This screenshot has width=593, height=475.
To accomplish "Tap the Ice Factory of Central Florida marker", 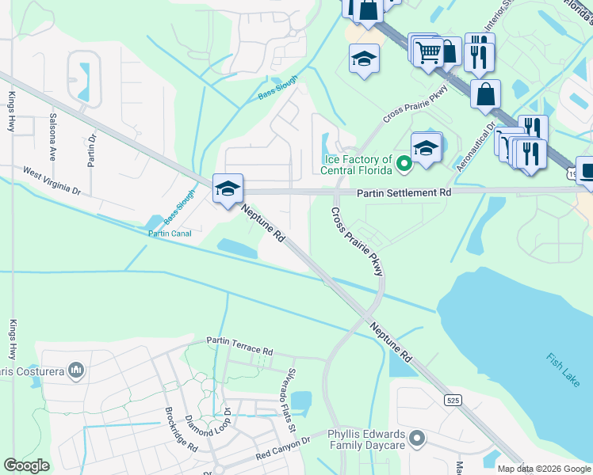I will point(404,165).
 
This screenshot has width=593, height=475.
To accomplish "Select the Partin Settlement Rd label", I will point(404,192).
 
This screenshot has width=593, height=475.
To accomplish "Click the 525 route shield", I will point(452,401).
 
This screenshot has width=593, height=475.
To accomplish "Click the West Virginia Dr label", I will point(52,180).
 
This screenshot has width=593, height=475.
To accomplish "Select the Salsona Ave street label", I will point(53,137).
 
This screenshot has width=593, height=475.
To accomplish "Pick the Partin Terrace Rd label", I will point(239,346).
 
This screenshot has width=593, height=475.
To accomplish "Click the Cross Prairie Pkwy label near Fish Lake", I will point(356,241).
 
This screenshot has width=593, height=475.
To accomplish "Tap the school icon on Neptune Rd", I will point(228,188).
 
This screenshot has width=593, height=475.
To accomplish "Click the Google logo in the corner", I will point(27,465).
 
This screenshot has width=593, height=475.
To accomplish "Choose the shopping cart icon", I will point(428,52).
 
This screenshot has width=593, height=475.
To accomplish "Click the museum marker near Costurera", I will point(77,370).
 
